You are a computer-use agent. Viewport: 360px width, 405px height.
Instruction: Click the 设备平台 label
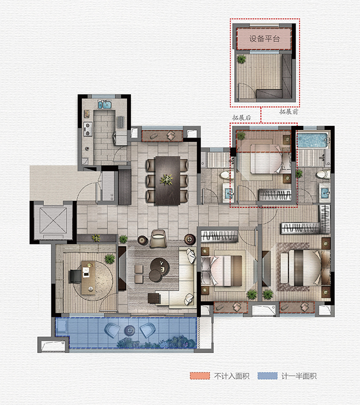click(265, 39)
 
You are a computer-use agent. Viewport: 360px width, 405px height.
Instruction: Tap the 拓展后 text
click(242, 118)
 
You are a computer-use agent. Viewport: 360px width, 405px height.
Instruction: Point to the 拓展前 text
click(289, 112)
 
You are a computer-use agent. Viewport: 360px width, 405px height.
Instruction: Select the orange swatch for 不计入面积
click(200, 376)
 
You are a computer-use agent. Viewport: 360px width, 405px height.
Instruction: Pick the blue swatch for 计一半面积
click(267, 376)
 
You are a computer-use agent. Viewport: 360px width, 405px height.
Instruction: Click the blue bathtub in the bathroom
click(313, 141)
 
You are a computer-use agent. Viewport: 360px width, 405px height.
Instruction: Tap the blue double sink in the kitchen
click(104, 105)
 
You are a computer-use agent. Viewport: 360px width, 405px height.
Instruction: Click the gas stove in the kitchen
click(88, 129)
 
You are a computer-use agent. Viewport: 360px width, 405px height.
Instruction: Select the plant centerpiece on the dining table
click(167, 179)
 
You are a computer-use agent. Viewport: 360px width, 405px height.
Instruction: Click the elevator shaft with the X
click(53, 220)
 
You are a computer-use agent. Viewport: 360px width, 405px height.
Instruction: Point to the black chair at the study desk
click(75, 276)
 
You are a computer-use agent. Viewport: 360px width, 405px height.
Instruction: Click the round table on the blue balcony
click(129, 331)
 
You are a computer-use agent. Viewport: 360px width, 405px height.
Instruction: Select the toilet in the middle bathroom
click(227, 175)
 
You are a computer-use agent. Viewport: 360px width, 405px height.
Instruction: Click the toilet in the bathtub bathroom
click(323, 174)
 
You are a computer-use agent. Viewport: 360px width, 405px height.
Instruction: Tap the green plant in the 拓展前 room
click(242, 59)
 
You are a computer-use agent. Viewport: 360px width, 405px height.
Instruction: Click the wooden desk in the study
click(89, 278)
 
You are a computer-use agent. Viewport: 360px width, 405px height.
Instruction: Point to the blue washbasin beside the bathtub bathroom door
click(325, 192)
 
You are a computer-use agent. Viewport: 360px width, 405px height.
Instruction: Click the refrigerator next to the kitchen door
click(108, 186)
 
